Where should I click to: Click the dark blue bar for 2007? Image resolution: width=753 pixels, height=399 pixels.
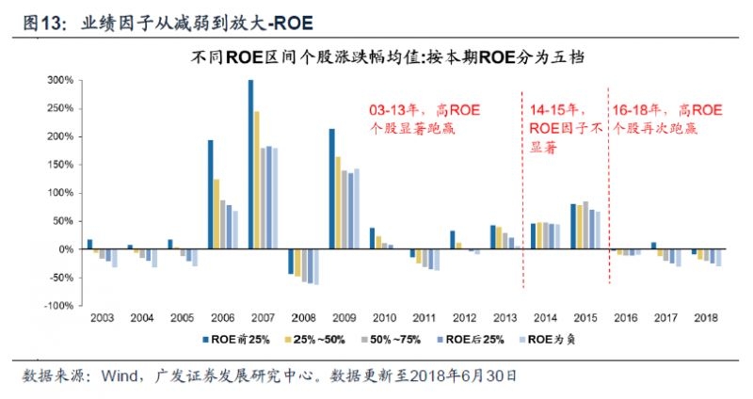click(250, 165)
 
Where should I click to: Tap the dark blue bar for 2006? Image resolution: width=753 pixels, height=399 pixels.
click(210, 195)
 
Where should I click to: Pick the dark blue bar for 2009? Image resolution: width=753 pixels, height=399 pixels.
click(331, 189)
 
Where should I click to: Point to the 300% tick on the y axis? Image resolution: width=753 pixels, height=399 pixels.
click(60, 80)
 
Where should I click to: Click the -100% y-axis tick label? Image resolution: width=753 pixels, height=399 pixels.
click(58, 306)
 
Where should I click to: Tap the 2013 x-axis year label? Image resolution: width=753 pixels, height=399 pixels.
click(505, 320)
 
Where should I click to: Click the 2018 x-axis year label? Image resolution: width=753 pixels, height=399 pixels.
click(707, 320)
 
